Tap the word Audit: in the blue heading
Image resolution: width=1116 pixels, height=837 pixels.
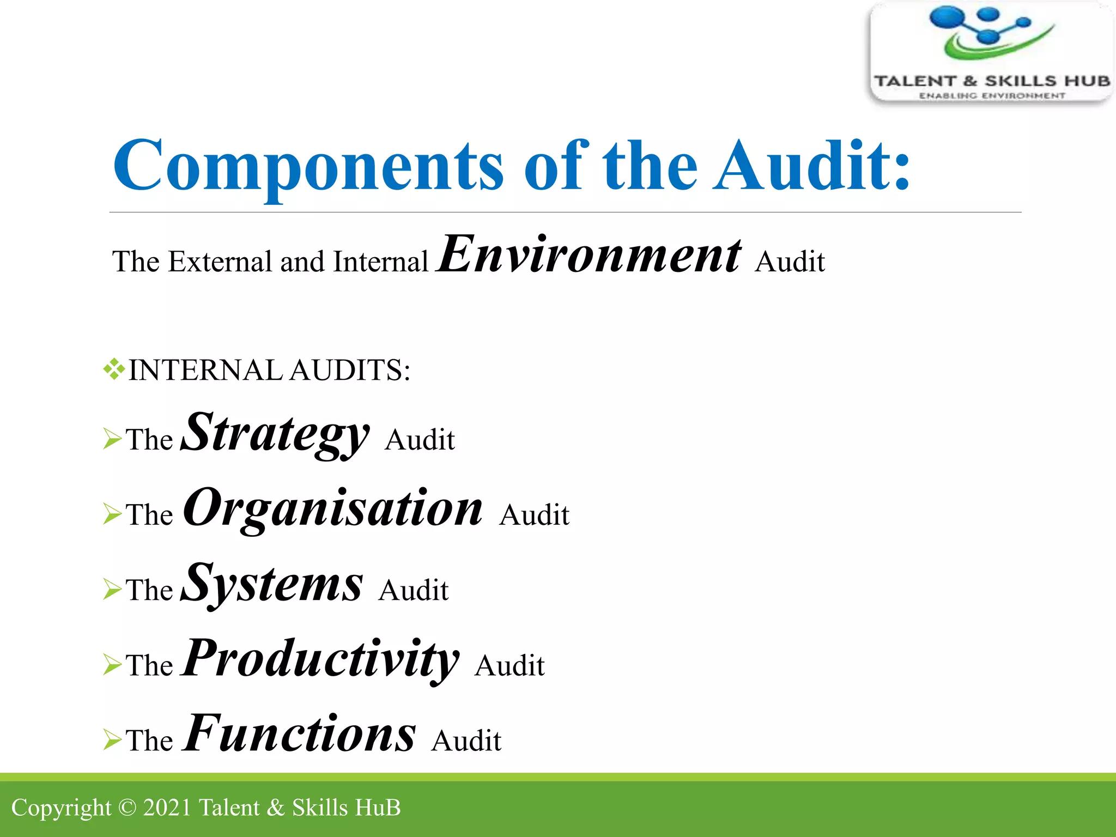point(812,166)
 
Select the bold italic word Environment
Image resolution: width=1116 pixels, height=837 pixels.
point(589,254)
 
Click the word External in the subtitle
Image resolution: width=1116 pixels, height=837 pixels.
point(220,262)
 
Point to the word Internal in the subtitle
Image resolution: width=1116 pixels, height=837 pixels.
point(380,262)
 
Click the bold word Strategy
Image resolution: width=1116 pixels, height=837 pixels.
point(275,433)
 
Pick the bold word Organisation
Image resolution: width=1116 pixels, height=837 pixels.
point(333,508)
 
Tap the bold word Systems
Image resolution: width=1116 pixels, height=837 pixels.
point(271,584)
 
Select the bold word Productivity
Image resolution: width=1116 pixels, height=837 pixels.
point(321,659)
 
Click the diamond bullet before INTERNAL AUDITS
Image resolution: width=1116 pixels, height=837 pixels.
point(114,369)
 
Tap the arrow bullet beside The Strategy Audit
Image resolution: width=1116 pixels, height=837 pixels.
point(112,439)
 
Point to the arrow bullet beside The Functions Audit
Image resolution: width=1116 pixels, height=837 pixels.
point(112,739)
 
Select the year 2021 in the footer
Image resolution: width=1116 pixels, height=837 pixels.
point(167,808)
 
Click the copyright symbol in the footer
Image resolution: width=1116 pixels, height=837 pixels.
point(127,808)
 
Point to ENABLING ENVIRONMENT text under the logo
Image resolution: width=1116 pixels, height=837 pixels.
point(992,96)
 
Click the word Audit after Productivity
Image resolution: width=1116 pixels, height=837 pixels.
point(510,666)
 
